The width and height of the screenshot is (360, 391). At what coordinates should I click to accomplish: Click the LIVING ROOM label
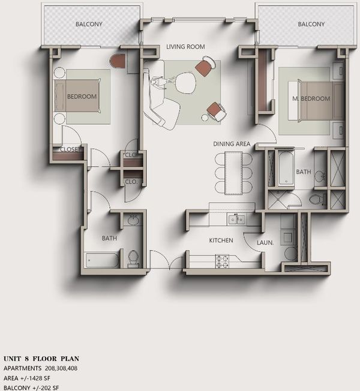coord(185,47)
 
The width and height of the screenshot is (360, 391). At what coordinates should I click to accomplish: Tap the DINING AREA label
coord(232,144)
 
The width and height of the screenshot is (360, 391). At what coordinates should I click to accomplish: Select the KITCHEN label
coord(221,240)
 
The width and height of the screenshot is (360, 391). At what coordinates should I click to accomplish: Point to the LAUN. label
coord(265,242)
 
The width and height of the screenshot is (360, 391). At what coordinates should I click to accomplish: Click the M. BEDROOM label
coord(311,99)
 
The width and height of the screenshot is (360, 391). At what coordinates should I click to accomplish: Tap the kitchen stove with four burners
coord(222,261)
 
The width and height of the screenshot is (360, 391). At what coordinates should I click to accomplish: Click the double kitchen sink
coord(236,219)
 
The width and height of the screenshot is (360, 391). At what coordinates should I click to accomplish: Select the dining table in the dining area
coord(233,173)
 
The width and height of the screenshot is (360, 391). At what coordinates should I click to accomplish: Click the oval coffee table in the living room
coord(185,83)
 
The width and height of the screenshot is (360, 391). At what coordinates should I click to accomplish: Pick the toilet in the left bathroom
coord(133,258)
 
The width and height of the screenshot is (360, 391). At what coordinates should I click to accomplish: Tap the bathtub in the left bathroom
coord(102,260)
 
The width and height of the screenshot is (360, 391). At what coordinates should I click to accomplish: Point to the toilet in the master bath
coord(318,199)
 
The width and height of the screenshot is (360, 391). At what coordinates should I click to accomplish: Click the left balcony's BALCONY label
coord(89,24)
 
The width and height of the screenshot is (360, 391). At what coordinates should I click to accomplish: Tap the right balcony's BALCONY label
coord(311,24)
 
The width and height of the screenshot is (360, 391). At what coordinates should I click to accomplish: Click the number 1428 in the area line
coord(36,378)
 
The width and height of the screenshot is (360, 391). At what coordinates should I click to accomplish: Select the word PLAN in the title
coord(70,359)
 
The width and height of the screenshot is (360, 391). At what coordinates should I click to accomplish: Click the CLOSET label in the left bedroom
coord(70,149)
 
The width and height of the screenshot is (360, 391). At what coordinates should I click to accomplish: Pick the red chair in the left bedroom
coord(118,61)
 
